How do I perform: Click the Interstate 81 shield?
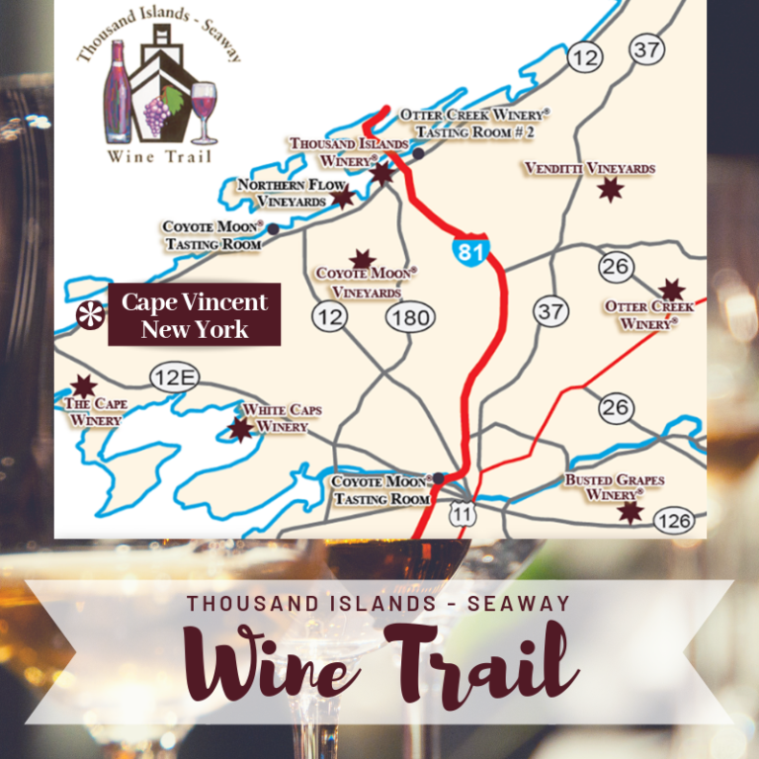click(x=471, y=250)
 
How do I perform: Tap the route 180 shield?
click(x=407, y=317)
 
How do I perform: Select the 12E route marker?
click(x=175, y=377)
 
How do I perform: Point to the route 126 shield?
click(x=673, y=520)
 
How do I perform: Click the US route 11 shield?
click(x=461, y=511)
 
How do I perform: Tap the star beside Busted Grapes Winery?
click(x=630, y=511)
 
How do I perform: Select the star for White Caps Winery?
click(x=240, y=428)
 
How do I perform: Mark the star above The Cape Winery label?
click(x=84, y=385)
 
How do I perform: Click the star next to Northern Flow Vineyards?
click(x=342, y=198)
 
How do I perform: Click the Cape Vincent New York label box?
click(x=195, y=315)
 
